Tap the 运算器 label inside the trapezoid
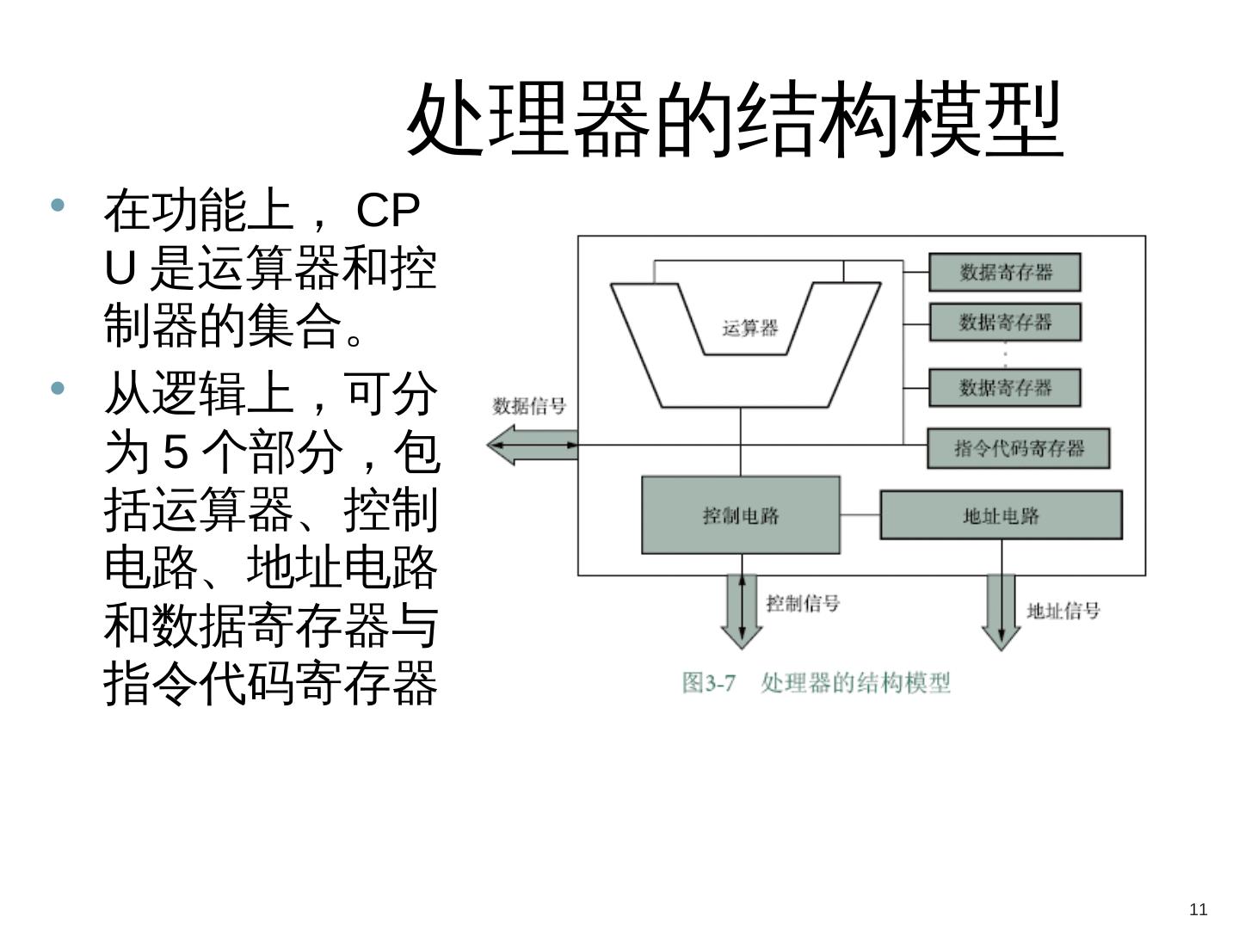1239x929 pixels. pyautogui.click(x=749, y=328)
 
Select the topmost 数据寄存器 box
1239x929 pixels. pyautogui.click(x=1004, y=273)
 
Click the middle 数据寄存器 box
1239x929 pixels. pyautogui.click(x=1004, y=323)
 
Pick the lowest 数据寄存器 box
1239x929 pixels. pyautogui.click(x=1004, y=387)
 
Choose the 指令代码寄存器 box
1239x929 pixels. pyautogui.click(x=1019, y=448)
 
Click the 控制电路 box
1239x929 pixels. pyautogui.click(x=741, y=515)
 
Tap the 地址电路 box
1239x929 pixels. pyautogui.click(x=1001, y=515)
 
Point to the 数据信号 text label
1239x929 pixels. pyautogui.click(x=529, y=406)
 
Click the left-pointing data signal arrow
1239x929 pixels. pyautogui.click(x=516, y=446)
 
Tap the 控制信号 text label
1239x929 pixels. pyautogui.click(x=803, y=603)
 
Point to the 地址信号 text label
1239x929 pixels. pyautogui.click(x=1063, y=611)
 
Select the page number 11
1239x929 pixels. pyautogui.click(x=1198, y=909)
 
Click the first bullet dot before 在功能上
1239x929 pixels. pyautogui.click(x=59, y=206)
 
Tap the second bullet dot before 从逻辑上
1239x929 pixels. pyautogui.click(x=59, y=389)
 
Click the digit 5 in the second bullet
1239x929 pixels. pyautogui.click(x=176, y=452)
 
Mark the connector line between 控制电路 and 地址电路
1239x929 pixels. pyautogui.click(x=860, y=515)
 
